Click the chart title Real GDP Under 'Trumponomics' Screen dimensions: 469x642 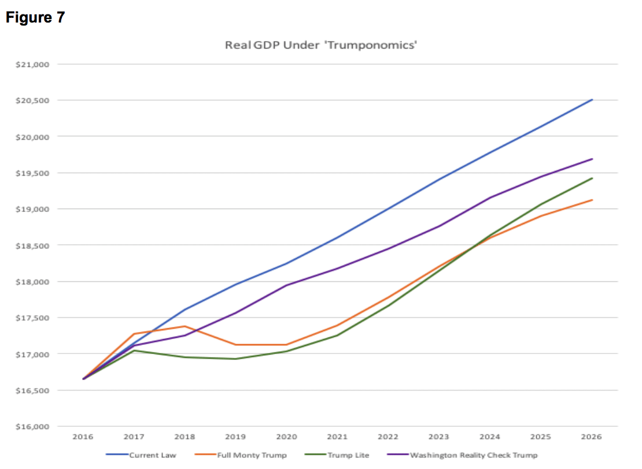(321, 45)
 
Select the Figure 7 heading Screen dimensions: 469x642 (35, 18)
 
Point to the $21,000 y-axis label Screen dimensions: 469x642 (36, 64)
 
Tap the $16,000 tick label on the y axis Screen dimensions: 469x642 (36, 427)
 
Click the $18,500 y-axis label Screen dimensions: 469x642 (36, 245)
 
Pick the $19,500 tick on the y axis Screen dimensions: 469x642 (36, 173)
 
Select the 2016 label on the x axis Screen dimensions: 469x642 (83, 437)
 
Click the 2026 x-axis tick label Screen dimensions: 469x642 (592, 437)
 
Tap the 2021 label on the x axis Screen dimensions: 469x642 (337, 437)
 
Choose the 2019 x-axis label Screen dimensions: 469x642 (235, 437)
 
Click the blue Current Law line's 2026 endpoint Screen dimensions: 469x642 (592, 100)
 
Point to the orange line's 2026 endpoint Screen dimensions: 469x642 (592, 200)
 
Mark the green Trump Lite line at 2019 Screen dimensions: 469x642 (235, 359)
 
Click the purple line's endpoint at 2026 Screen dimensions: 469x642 (592, 159)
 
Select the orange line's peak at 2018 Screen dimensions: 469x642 (185, 326)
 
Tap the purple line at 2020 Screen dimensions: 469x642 (286, 285)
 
